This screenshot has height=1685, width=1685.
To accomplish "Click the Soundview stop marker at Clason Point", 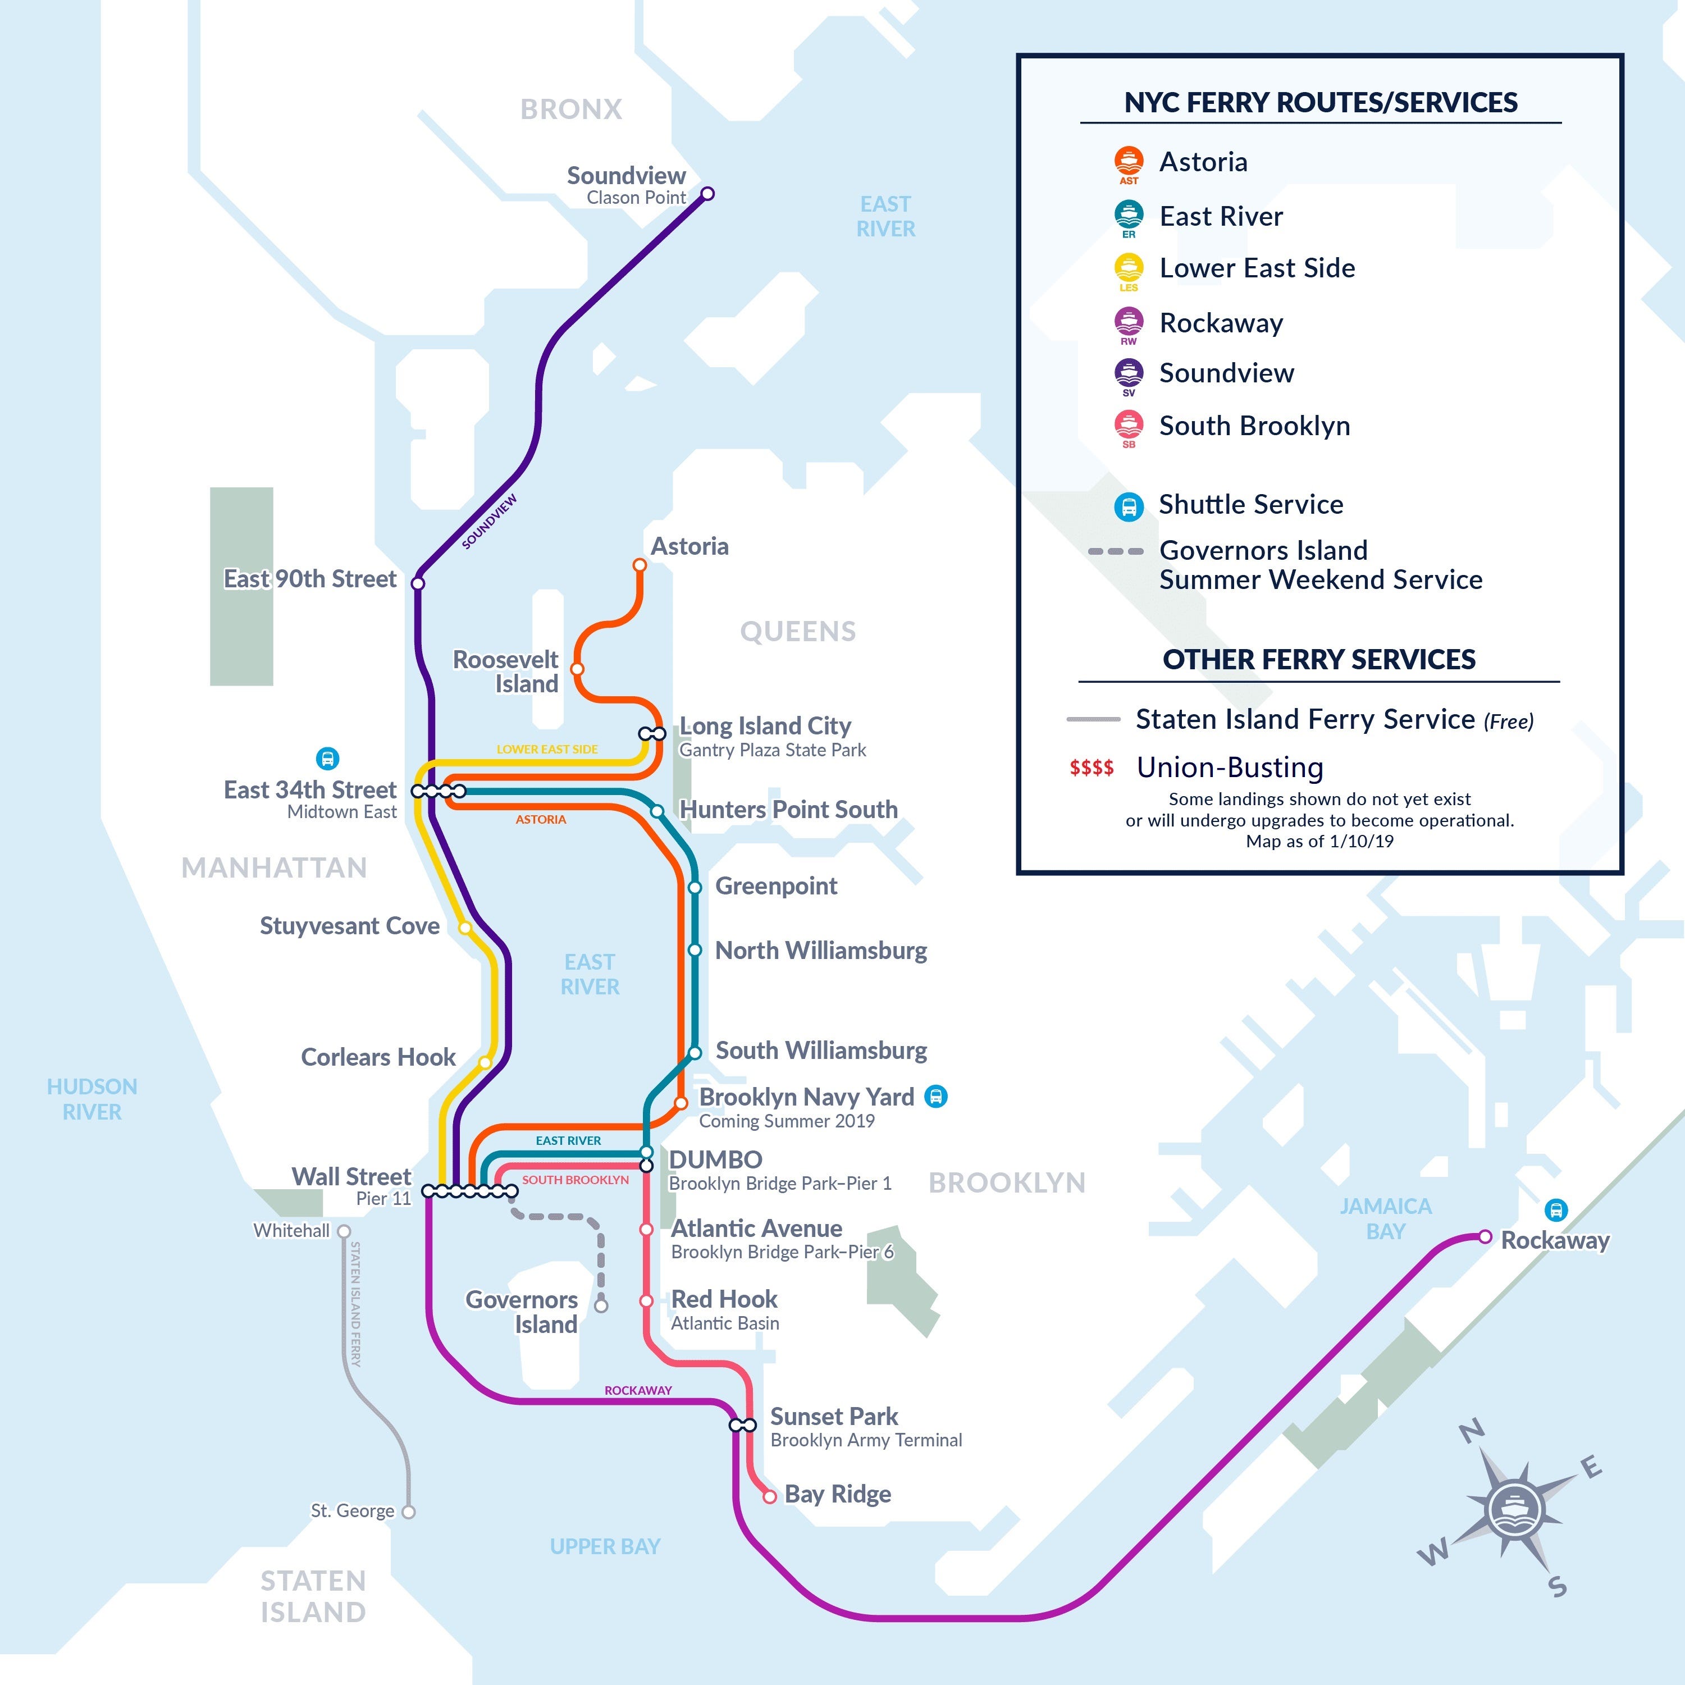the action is (707, 194).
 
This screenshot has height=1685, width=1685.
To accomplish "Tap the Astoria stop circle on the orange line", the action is (640, 565).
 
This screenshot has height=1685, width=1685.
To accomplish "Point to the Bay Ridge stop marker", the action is (769, 1496).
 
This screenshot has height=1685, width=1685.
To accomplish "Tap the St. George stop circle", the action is (408, 1512).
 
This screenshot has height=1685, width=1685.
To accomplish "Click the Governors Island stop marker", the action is (601, 1305).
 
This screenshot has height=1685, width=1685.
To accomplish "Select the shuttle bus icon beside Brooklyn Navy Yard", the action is (936, 1097).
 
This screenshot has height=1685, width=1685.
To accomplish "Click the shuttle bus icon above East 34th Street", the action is (327, 758).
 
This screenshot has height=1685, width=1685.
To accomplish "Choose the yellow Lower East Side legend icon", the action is (1129, 268).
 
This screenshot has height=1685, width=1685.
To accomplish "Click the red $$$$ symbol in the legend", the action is (1091, 768).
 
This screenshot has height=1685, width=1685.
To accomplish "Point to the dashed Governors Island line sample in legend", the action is (1116, 551).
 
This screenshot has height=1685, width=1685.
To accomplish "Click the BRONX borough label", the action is (571, 109).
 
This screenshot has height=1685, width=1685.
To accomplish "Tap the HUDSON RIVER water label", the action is (92, 1099).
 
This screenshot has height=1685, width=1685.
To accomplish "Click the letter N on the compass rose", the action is (1471, 1431).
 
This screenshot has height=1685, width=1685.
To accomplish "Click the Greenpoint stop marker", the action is (694, 888).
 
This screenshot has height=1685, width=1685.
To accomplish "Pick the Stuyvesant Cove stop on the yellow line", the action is (465, 927).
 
